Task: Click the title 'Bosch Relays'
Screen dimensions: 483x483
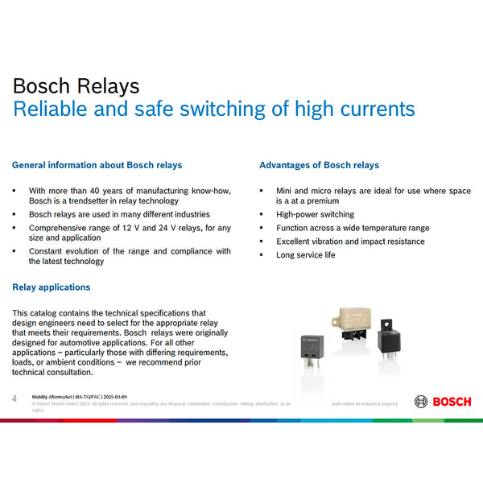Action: click(76, 86)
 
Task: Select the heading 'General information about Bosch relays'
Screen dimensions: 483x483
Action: click(97, 165)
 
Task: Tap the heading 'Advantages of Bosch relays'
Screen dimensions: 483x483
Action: click(319, 165)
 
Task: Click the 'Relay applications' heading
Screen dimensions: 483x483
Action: click(51, 287)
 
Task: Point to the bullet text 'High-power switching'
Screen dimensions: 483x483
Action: click(315, 215)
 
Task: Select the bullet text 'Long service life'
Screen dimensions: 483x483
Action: click(306, 255)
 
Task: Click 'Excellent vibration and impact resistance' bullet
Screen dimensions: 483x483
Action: click(350, 242)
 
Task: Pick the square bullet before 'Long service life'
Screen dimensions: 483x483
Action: click(261, 255)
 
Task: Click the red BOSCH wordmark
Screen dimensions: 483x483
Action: click(452, 402)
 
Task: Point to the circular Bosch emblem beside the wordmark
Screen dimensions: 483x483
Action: click(421, 402)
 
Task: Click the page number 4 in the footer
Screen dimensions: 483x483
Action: click(14, 398)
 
